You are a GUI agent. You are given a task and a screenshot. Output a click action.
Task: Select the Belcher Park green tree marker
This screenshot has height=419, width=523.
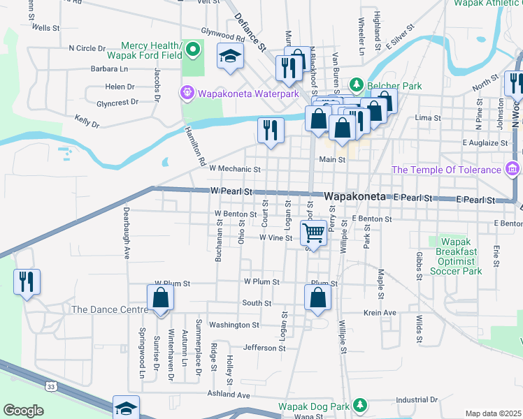(x=356, y=84)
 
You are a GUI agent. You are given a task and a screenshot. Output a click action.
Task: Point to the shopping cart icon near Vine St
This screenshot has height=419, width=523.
(x=314, y=233)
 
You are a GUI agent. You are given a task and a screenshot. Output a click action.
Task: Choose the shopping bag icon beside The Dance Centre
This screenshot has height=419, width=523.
(x=161, y=297)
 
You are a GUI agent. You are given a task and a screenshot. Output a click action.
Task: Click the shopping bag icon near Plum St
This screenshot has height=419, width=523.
(x=318, y=297)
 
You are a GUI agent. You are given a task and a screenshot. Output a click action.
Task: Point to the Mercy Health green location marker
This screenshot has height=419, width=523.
(x=194, y=50)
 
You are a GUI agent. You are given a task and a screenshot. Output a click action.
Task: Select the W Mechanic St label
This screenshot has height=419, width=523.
(x=234, y=169)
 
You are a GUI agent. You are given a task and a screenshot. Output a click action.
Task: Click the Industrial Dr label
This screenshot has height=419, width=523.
(x=416, y=400)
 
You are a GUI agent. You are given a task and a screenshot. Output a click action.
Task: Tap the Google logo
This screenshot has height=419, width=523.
(x=23, y=411)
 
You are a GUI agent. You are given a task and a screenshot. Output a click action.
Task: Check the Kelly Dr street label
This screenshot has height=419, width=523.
(x=87, y=122)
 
